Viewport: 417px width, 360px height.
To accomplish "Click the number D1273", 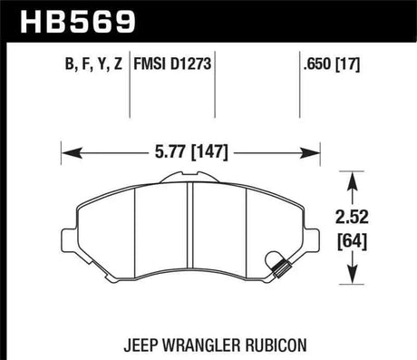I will (194, 64).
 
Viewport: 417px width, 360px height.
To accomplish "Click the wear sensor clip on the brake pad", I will (281, 265).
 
